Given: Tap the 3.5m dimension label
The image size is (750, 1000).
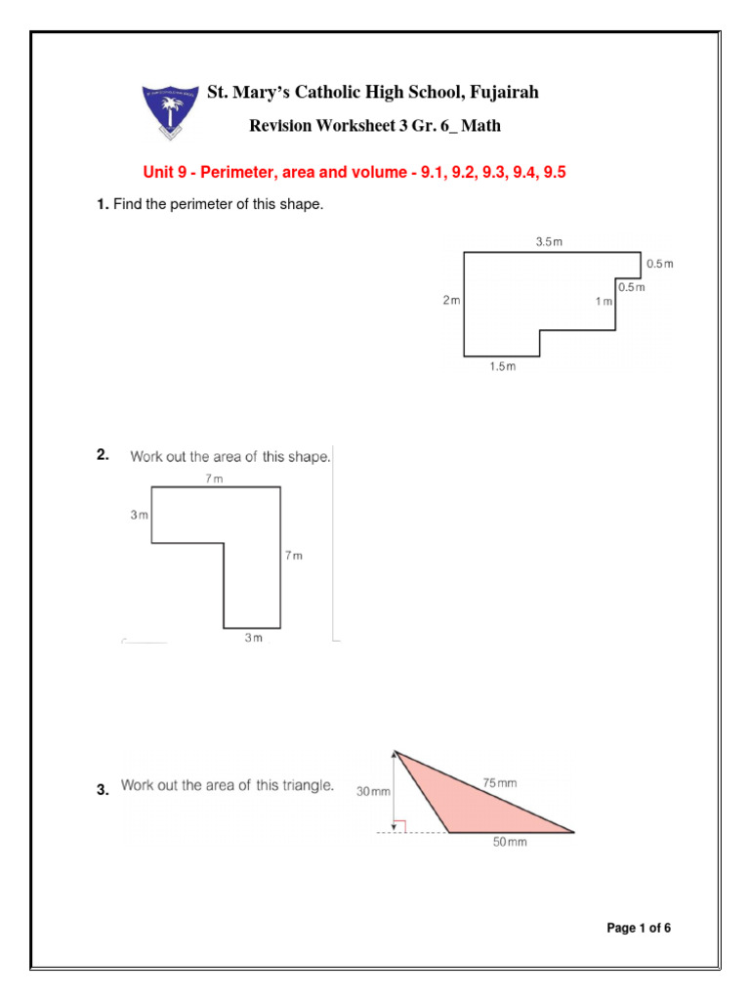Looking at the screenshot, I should (550, 241).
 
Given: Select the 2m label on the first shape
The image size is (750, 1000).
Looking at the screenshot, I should (451, 301).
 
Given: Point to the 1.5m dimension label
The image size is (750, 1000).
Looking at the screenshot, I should (502, 367).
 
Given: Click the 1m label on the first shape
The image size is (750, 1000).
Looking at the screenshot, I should (604, 302).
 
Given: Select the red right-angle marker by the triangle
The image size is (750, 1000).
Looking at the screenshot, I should (398, 826).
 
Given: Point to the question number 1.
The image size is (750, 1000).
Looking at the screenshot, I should (102, 204).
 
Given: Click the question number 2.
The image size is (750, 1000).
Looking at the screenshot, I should (102, 455).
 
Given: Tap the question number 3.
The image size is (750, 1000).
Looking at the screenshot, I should (102, 791).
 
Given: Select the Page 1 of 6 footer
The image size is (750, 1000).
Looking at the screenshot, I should (639, 929).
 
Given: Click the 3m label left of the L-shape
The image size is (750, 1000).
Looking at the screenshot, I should (139, 515).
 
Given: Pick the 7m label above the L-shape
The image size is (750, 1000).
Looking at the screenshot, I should (213, 478).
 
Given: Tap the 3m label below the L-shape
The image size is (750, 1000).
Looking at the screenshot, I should (253, 638).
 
